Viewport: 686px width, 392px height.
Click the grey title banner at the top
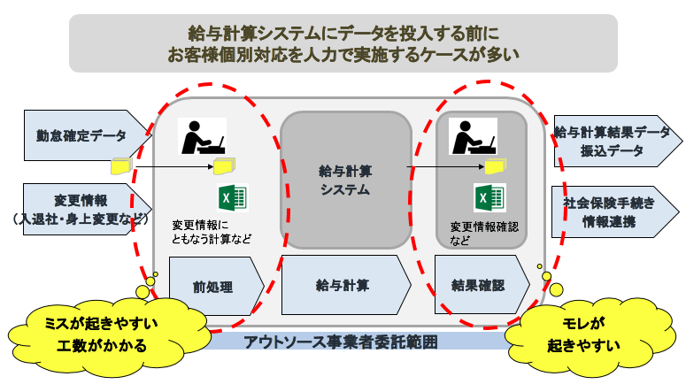point(343,42)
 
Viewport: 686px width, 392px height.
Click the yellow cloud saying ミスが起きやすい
point(84,333)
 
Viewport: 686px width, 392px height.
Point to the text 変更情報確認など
point(482,232)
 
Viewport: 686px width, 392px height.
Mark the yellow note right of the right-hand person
point(501,164)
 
